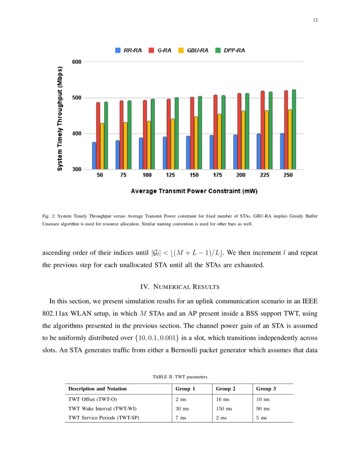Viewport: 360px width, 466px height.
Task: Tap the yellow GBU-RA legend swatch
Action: click(x=180, y=50)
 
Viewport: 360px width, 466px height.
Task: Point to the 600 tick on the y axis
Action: click(x=76, y=62)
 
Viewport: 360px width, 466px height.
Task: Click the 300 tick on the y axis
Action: click(x=76, y=169)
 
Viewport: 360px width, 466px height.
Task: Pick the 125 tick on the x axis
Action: click(x=170, y=175)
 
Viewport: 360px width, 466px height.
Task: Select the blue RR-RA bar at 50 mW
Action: click(x=94, y=156)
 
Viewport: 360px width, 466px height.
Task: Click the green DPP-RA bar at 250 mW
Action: click(x=294, y=130)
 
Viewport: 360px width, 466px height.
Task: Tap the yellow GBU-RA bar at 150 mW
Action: click(x=196, y=143)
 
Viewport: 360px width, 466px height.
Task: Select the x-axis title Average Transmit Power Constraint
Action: click(x=194, y=191)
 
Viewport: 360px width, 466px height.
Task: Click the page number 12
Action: click(x=315, y=20)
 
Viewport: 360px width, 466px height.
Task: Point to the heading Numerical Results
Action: click(x=180, y=287)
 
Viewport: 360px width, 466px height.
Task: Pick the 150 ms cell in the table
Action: click(x=224, y=408)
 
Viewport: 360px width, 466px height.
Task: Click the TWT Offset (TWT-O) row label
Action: click(x=92, y=399)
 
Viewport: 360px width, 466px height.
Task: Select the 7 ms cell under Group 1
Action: click(x=182, y=418)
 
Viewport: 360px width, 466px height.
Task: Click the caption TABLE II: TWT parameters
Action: click(x=180, y=376)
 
